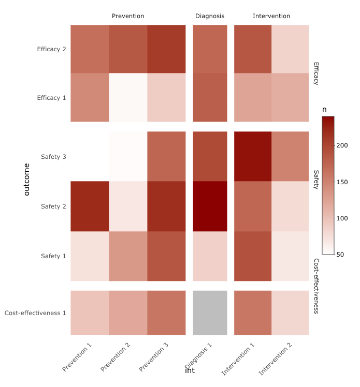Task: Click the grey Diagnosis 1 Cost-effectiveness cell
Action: click(210, 313)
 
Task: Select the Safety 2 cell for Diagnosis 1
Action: click(210, 206)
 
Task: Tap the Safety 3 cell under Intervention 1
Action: click(253, 156)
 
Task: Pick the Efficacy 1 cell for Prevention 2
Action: click(128, 97)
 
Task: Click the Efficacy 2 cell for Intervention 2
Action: click(290, 49)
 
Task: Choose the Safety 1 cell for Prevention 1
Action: click(90, 256)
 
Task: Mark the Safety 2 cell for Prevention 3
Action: click(166, 206)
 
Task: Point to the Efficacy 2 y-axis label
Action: click(52, 50)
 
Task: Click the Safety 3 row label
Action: click(53, 157)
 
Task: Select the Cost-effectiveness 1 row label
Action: click(35, 313)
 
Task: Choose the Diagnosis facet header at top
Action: click(210, 16)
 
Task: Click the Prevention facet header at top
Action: click(128, 16)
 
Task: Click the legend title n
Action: click(324, 109)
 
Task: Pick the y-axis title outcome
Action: click(27, 180)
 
